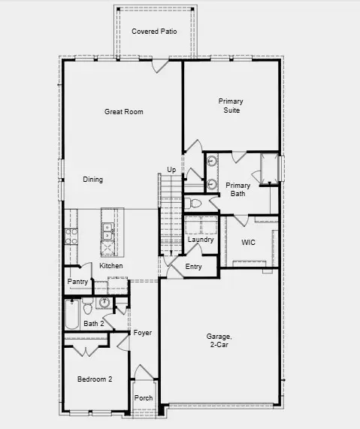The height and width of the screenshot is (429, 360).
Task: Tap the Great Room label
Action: coord(123,112)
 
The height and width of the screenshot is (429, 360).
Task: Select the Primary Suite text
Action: coord(231,105)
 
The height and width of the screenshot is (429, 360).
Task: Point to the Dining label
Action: coord(92,180)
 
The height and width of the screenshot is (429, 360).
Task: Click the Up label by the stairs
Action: coord(171,170)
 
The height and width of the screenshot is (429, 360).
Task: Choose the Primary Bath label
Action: coord(238,189)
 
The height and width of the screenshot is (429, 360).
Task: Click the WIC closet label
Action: coord(249,243)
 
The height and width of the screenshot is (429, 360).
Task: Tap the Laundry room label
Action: coord(201,240)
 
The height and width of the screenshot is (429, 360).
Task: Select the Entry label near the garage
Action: coord(193,267)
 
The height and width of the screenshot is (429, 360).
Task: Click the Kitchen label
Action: coord(111,266)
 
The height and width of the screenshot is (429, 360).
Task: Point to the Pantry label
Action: coord(77,282)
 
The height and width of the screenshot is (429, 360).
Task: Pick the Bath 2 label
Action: coord(93,324)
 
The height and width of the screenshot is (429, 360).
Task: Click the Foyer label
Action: coord(143,332)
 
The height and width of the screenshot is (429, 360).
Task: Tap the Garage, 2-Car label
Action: coord(219,340)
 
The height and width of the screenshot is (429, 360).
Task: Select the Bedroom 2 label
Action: coord(95,380)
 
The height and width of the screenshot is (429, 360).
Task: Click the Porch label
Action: coord(143,398)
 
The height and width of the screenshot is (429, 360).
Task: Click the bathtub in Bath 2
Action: coord(71,315)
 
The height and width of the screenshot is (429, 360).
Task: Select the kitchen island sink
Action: coord(107,228)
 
